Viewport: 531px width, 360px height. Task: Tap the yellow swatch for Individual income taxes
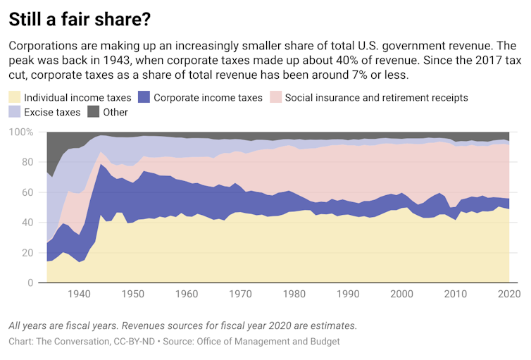[x=15, y=97]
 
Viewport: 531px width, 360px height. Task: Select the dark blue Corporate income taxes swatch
[x=144, y=97]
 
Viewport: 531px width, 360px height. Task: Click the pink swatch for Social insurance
[x=275, y=97]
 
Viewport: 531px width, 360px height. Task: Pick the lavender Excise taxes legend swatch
[x=15, y=112]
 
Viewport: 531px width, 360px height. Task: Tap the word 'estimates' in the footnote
[x=331, y=326]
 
